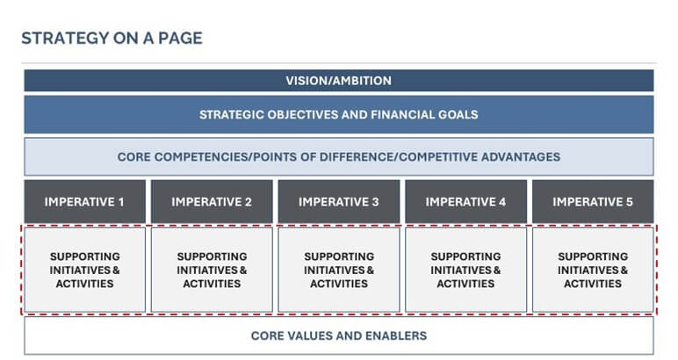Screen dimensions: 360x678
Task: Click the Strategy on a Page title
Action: (x=112, y=38)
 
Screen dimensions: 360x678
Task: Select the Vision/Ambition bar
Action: (x=338, y=81)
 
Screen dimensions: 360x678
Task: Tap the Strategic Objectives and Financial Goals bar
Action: (x=338, y=114)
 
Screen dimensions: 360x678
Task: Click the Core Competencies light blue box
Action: (x=338, y=157)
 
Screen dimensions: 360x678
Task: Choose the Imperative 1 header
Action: (x=85, y=201)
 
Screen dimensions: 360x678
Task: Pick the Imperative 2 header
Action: (x=212, y=201)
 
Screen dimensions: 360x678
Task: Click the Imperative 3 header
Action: (x=338, y=201)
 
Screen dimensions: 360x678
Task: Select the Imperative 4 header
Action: (x=465, y=201)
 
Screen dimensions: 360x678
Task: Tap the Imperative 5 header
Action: (x=593, y=201)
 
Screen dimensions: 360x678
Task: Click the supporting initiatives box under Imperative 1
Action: (x=85, y=270)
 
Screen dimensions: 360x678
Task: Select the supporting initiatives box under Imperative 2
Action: (x=212, y=270)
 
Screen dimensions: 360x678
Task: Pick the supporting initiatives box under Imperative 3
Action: (x=338, y=270)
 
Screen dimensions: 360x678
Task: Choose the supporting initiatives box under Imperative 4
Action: (x=465, y=270)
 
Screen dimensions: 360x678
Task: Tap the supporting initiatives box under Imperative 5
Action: (x=593, y=270)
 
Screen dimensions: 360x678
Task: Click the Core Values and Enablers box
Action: (x=338, y=335)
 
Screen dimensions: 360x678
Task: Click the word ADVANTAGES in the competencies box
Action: (x=518, y=157)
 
